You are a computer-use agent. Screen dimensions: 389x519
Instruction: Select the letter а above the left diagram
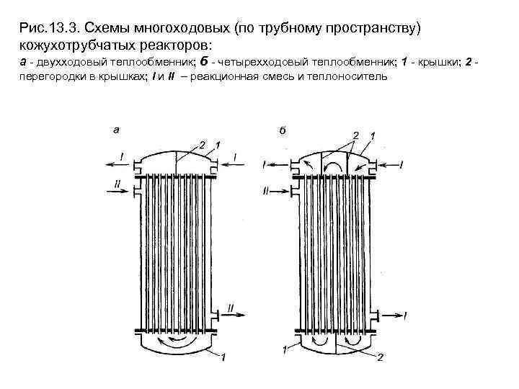pyautogui.click(x=116, y=130)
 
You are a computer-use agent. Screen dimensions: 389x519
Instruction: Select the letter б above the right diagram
pyautogui.click(x=282, y=130)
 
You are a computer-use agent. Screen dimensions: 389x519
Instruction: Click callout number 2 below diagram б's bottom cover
pyautogui.click(x=380, y=357)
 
